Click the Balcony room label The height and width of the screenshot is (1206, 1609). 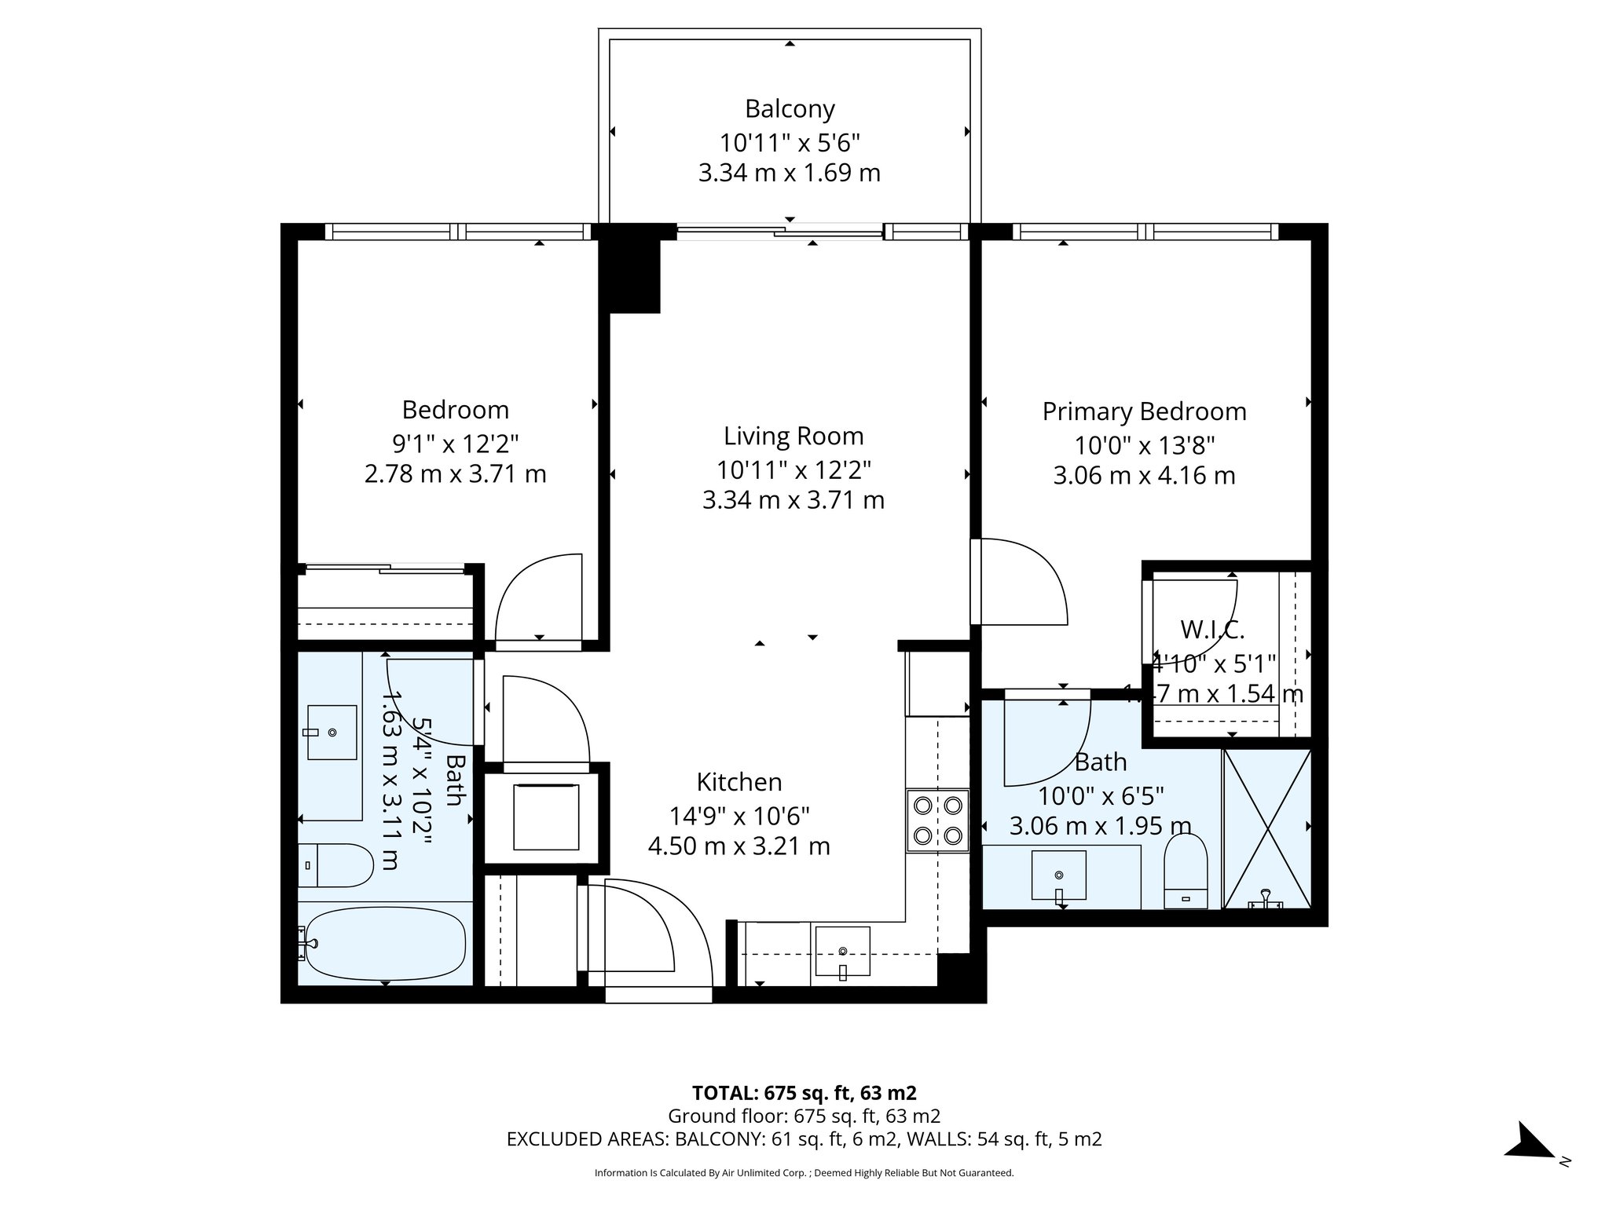point(790,108)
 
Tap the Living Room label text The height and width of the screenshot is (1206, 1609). point(794,436)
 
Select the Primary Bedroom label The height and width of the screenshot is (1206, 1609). point(1144,411)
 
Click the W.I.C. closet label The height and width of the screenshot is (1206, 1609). point(1212,629)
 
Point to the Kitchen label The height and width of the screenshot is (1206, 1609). point(739,782)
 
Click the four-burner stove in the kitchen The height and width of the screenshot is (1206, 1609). point(937,820)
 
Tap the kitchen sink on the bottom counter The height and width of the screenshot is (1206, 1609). point(843,951)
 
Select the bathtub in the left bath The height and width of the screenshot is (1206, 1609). point(385,944)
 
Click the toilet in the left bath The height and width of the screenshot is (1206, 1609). point(338,866)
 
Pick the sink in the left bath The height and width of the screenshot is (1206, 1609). point(332,733)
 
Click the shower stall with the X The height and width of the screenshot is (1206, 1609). point(1266,829)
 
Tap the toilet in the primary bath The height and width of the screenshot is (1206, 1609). point(1186,871)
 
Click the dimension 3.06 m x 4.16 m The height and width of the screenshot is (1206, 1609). point(1144,476)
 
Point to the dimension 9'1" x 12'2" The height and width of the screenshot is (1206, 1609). point(456,444)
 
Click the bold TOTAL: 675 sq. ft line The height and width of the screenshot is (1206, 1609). point(804,1093)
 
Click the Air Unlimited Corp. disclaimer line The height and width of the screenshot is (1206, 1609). point(804,1173)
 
